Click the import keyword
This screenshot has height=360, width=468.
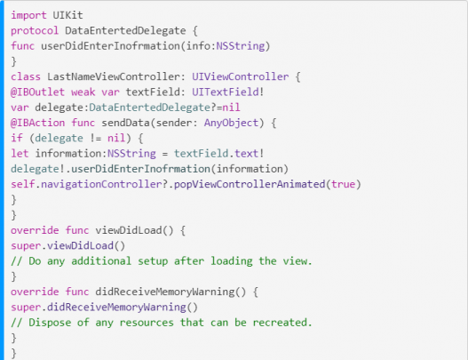(28, 15)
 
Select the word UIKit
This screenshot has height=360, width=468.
(67, 15)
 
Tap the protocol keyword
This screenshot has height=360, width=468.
(35, 31)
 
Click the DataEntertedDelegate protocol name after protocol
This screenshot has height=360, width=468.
(125, 30)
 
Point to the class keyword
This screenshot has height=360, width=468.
(26, 76)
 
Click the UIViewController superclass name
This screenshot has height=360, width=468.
(241, 76)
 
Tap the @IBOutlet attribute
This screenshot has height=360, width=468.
(37, 92)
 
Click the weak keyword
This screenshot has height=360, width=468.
(83, 92)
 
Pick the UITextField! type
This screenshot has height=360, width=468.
(228, 92)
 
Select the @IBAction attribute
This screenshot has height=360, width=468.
(37, 123)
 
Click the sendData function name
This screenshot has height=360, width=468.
(125, 123)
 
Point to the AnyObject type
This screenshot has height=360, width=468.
(231, 123)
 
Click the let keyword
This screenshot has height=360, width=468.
(20, 153)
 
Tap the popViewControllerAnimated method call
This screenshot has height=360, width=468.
(250, 184)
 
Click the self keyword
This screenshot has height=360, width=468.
(23, 184)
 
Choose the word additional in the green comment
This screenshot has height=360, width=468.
(101, 260)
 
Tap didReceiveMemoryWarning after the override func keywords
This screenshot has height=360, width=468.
(165, 292)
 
